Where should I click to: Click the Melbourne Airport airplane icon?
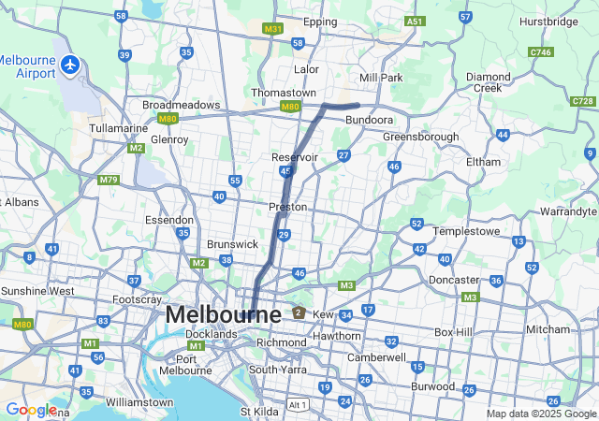pos(70,65)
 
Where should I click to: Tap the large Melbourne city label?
pos(223,314)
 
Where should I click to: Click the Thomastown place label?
pos(284,93)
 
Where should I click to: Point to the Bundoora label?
pos(369,121)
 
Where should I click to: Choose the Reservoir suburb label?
pos(295,156)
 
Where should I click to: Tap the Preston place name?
pos(287,207)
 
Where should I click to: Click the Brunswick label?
pos(232,243)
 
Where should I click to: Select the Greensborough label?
pos(421,137)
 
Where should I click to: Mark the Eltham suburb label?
pos(483,162)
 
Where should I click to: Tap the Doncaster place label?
pos(454,280)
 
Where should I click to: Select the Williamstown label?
pos(139,402)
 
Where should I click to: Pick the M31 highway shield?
pos(272,29)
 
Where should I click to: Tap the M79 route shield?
pos(109,180)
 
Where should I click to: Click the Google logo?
pos(31,410)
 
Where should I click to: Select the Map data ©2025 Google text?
pos(541,414)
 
